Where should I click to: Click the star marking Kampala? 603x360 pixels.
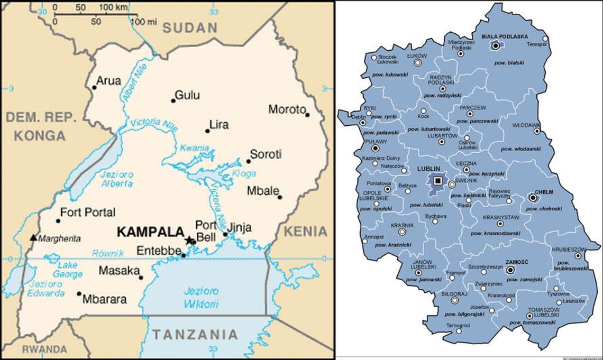click(x=189, y=240)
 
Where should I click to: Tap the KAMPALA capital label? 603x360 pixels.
click(x=150, y=232)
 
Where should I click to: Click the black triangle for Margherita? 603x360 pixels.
click(x=33, y=238)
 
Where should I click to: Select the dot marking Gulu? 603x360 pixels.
click(x=173, y=100)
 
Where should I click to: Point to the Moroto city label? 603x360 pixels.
click(x=287, y=109)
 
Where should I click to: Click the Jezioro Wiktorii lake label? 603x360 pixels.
click(x=201, y=298)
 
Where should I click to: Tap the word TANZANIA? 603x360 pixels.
click(x=195, y=334)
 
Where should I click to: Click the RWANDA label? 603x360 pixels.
click(x=44, y=349)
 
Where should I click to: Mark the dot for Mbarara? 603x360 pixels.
click(x=79, y=293)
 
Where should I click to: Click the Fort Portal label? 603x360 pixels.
click(x=88, y=213)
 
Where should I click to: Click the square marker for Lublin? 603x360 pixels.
click(x=437, y=181)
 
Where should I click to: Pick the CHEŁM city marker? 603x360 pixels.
click(x=533, y=198)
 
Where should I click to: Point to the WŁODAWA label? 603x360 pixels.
click(x=526, y=125)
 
